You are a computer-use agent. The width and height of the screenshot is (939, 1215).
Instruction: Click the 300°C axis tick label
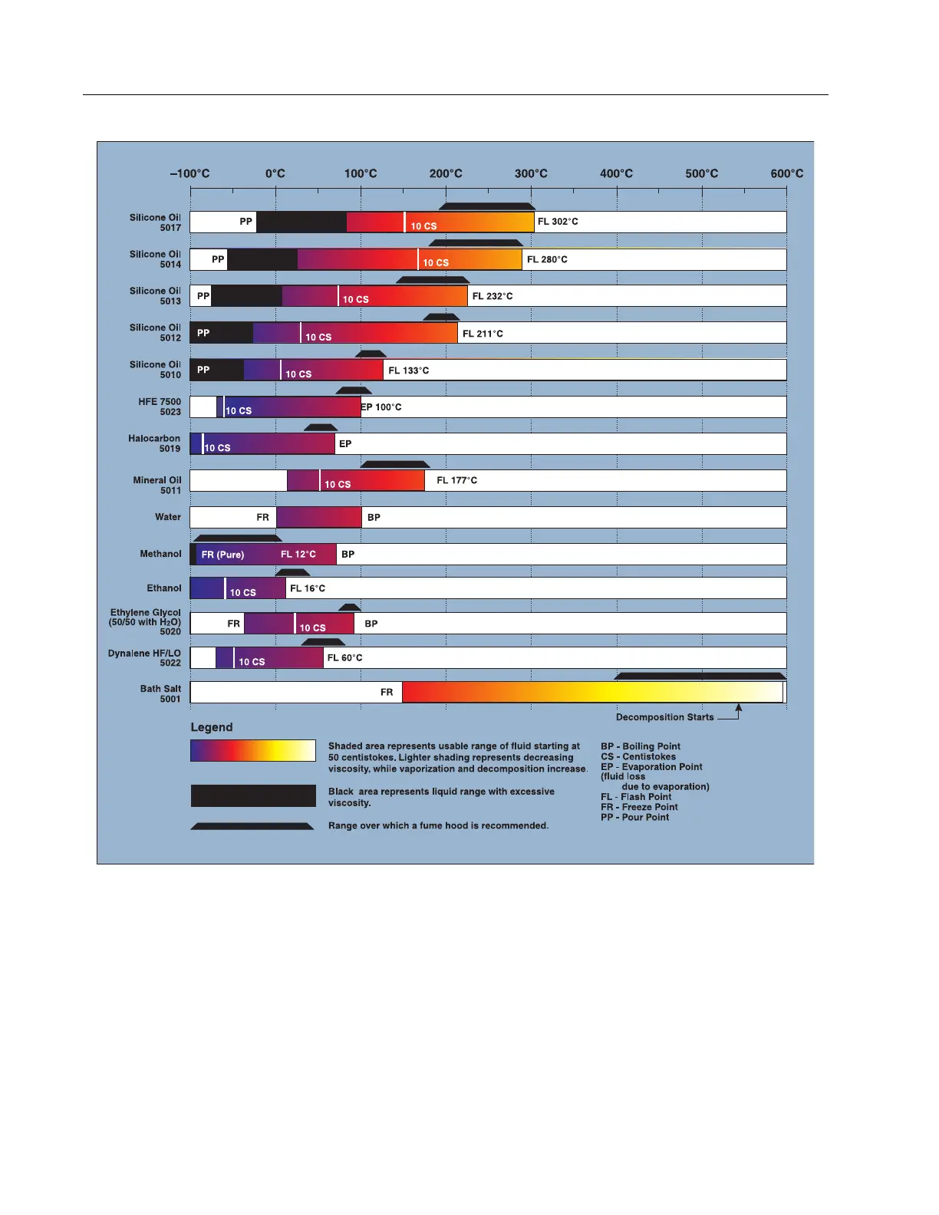531,173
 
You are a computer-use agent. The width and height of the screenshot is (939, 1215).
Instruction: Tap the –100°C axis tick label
189,173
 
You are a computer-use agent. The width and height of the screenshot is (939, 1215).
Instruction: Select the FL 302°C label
558,222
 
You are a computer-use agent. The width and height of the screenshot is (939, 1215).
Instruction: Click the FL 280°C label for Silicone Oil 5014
547,259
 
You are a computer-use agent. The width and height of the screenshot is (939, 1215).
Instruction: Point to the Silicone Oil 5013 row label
155,296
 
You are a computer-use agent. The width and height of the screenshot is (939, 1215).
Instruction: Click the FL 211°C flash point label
483,334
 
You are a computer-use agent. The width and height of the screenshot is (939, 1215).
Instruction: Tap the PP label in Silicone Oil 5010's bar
203,370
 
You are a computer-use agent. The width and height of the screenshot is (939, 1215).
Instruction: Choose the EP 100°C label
381,407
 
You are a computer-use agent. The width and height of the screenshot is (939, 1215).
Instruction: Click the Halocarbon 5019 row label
154,443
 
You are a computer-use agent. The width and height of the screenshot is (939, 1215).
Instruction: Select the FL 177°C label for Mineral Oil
456,480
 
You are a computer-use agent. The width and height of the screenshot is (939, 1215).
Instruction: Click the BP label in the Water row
374,518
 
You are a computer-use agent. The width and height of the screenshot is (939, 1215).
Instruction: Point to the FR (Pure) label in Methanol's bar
222,555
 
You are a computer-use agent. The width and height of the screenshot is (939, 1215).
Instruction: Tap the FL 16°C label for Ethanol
308,588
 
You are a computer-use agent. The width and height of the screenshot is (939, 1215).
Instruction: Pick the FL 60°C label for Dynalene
344,658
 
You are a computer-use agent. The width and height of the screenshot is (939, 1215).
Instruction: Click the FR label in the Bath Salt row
387,693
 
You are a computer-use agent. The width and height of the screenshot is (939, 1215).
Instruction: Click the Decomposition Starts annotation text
664,717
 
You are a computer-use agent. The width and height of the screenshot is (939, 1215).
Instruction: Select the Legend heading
212,727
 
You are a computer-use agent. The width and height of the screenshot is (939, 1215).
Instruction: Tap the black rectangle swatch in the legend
253,795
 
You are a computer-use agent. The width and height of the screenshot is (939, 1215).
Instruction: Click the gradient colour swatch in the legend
253,750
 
